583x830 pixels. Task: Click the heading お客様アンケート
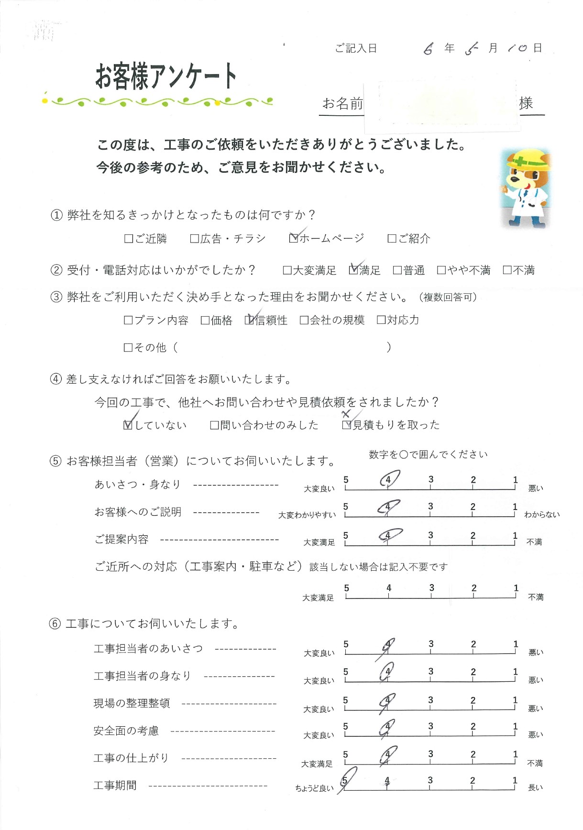[x=166, y=77]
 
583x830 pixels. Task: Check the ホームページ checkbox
[x=294, y=238]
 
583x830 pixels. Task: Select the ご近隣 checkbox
[x=128, y=238]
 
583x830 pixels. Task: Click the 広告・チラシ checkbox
[x=194, y=238]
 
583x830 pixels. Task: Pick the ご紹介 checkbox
[x=392, y=238]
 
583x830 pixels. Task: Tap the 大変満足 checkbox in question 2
[x=287, y=270]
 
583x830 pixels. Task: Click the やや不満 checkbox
[x=441, y=270]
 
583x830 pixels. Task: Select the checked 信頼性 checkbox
[x=249, y=320]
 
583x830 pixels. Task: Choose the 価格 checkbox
[x=205, y=320]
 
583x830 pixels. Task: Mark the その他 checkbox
[x=128, y=348]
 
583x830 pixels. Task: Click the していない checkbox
[x=128, y=425]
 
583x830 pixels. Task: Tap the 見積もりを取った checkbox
[x=347, y=425]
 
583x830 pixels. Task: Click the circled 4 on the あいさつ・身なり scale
[x=389, y=479]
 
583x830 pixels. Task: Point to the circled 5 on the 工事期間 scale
[x=345, y=780]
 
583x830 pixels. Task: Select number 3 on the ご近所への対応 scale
[x=431, y=588]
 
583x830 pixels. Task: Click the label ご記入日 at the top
[x=356, y=48]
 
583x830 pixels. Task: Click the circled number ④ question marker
[x=56, y=379]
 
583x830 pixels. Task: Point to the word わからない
[x=541, y=515]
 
